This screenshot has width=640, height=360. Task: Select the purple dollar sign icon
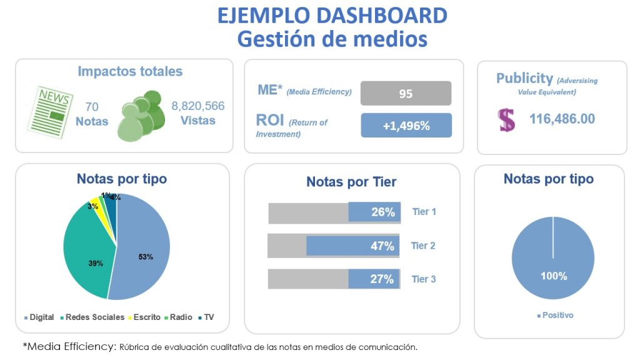pyautogui.click(x=507, y=119)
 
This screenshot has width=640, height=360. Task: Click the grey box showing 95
pyautogui.click(x=406, y=93)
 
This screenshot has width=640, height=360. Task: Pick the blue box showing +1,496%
pyautogui.click(x=406, y=125)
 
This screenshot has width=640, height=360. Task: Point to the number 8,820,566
pyautogui.click(x=197, y=106)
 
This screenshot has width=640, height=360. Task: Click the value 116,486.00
pyautogui.click(x=562, y=119)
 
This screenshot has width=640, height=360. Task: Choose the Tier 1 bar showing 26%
pyautogui.click(x=374, y=212)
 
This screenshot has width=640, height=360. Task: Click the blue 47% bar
pyautogui.click(x=352, y=246)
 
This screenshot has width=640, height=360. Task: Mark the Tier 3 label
pyautogui.click(x=424, y=279)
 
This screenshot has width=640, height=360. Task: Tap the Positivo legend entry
pyautogui.click(x=555, y=315)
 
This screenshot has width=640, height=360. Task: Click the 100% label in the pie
pyautogui.click(x=554, y=276)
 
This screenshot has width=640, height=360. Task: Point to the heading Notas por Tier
pyautogui.click(x=351, y=182)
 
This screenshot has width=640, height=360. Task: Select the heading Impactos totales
pyautogui.click(x=130, y=71)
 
